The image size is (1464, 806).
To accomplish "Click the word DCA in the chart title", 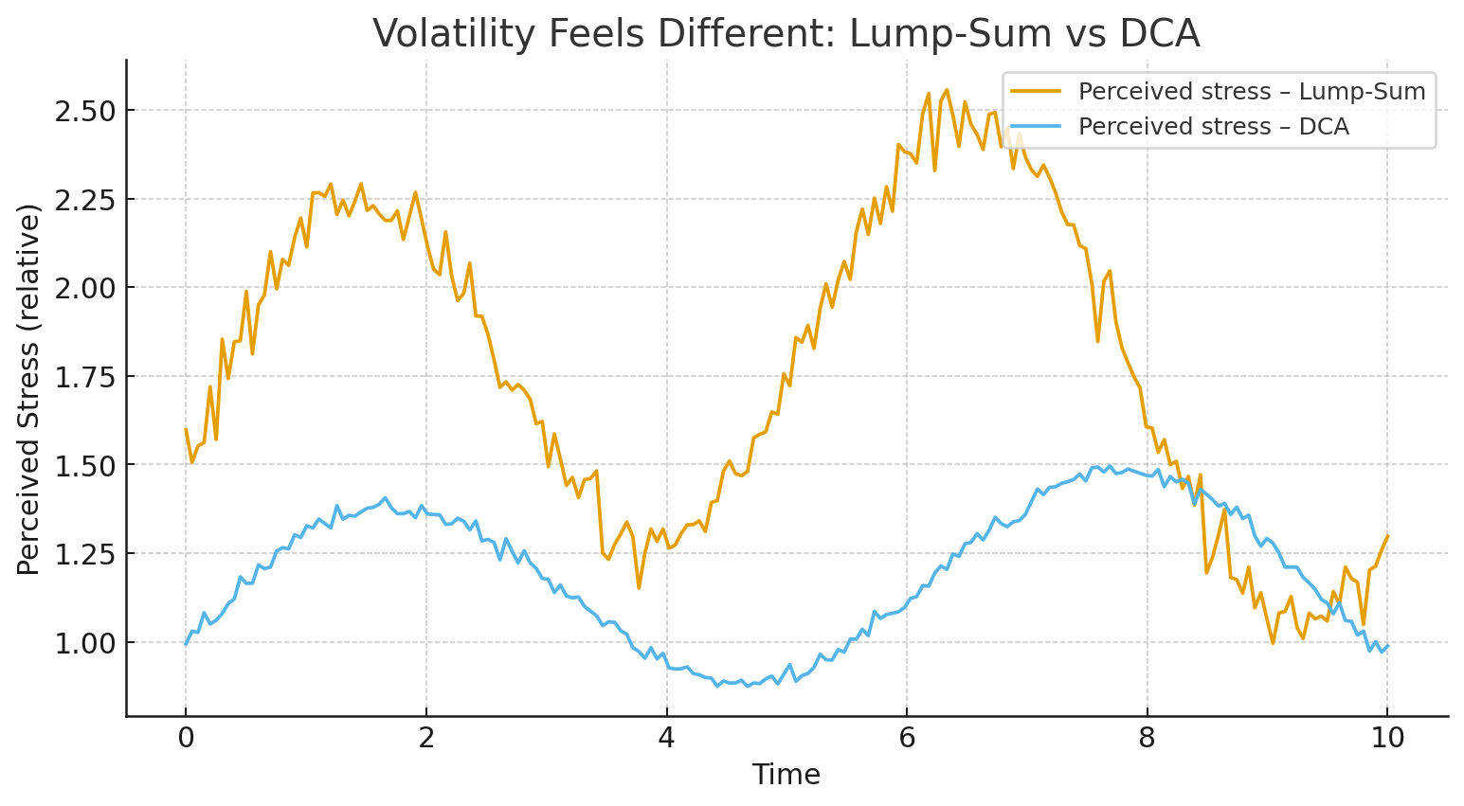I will coord(1161,34).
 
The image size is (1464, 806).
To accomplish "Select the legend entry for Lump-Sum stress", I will coord(1251,92).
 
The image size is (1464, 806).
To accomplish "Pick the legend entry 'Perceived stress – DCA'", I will coord(1213,127).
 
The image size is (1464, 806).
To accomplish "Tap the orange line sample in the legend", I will coord(1036,92).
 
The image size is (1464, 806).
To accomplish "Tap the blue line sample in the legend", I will coord(1036,127).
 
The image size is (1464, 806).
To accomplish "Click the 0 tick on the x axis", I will coord(186,738).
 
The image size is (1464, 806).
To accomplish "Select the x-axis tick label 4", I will coord(666,738).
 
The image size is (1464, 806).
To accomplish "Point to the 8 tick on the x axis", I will coord(1148,738).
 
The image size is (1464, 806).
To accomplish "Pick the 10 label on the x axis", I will coord(1387,738).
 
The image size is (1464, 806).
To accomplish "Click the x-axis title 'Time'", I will coord(786,775).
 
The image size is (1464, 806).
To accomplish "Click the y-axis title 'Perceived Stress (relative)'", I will coord(29,389).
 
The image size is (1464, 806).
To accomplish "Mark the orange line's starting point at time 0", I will coord(186,429).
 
